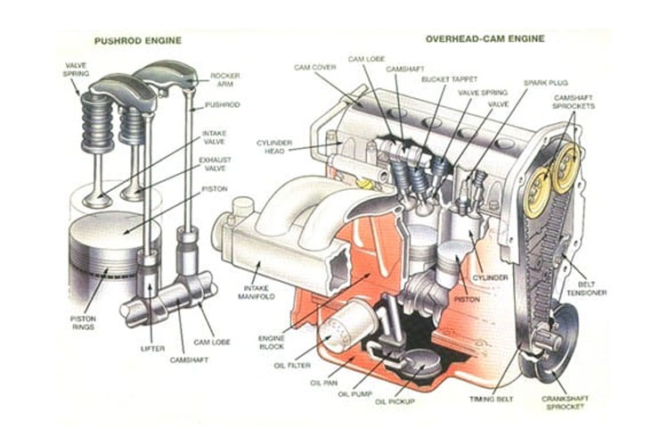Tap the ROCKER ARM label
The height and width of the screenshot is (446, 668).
(x=224, y=79)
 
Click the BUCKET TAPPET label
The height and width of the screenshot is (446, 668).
(x=442, y=79)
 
